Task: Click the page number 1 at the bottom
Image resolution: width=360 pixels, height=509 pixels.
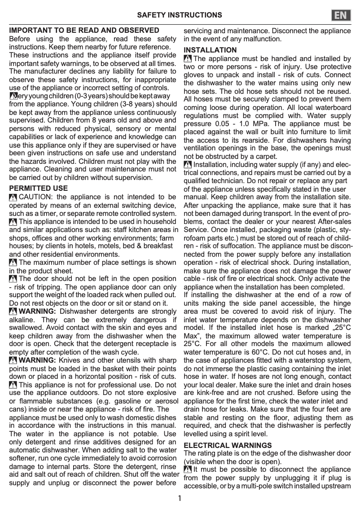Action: pos(180,498)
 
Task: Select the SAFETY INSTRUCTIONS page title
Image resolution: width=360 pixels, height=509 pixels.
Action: pos(180,15)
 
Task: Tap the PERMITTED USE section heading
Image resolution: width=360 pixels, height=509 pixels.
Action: pos(39,188)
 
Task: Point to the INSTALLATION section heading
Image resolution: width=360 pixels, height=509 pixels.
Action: pos(210,50)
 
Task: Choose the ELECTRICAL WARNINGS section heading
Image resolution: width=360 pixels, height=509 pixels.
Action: pos(228,445)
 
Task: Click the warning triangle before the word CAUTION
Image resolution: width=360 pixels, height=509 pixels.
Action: pos(13,197)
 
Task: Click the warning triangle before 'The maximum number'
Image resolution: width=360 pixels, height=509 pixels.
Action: pos(13,263)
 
